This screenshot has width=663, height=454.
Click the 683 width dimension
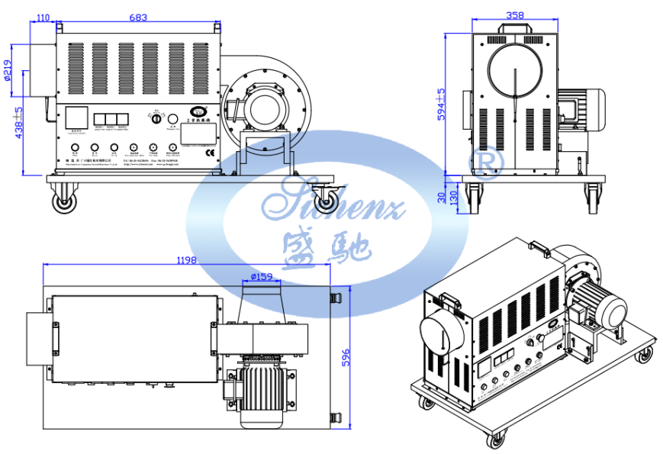click(139, 16)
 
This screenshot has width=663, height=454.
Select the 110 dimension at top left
click(43, 16)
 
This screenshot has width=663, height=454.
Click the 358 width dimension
click(516, 14)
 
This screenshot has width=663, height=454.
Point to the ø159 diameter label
click(262, 277)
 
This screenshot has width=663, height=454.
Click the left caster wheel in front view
click(63, 201)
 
